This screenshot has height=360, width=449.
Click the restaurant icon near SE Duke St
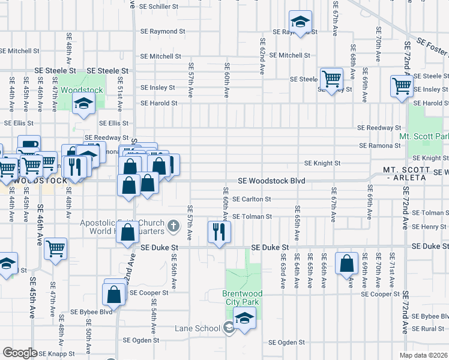click(x=219, y=231)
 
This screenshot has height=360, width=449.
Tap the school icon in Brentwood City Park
click(x=244, y=318)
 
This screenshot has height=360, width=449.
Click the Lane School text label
click(x=197, y=328)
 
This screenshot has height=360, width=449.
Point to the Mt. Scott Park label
click(x=424, y=145)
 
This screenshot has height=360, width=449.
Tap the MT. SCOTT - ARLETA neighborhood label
click(x=405, y=174)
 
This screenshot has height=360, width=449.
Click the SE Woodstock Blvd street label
click(x=271, y=181)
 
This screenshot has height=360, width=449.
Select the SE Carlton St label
click(x=252, y=199)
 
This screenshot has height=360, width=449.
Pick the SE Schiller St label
click(x=158, y=6)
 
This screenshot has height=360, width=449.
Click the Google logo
click(x=20, y=353)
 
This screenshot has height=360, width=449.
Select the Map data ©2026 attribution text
click(x=424, y=355)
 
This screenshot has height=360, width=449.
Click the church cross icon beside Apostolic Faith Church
click(x=173, y=226)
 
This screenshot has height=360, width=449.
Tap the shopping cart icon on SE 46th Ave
click(x=55, y=248)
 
